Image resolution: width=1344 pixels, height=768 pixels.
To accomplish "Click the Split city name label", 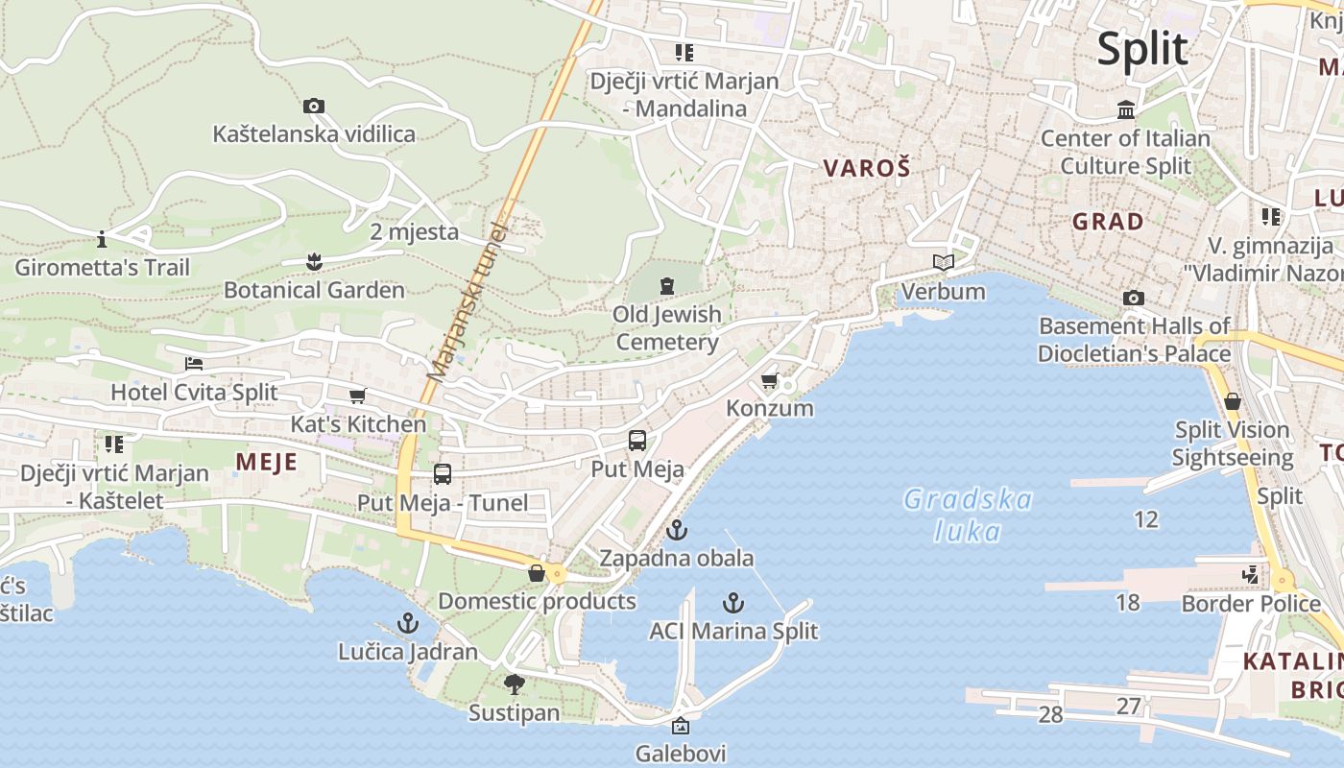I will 1142,48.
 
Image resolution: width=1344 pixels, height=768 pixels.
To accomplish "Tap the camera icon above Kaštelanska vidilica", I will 313,106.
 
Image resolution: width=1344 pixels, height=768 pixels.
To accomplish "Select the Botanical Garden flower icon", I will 313,261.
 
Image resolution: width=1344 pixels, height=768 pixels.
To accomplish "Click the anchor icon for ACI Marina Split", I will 733,603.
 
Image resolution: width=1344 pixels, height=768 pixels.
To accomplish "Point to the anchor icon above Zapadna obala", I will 677,530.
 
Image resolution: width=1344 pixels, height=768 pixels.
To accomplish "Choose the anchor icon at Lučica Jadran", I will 408,623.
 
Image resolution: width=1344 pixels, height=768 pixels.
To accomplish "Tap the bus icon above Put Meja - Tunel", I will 442,474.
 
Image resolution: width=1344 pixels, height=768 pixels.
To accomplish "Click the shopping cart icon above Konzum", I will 769,381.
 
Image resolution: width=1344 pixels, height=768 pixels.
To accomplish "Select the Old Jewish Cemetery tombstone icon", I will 666,285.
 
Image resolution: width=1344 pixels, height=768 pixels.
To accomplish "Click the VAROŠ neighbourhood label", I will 866,168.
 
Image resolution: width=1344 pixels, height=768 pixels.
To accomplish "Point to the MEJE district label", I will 266,463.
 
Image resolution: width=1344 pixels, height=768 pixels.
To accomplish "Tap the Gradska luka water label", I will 968,515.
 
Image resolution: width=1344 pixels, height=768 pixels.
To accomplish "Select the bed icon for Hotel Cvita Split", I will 194,364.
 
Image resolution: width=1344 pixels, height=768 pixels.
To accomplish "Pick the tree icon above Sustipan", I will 514,684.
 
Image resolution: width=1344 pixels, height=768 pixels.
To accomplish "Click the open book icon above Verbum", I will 943,262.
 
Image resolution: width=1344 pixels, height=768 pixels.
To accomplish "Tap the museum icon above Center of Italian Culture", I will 1126,110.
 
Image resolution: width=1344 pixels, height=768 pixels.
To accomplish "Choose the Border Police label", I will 1251,604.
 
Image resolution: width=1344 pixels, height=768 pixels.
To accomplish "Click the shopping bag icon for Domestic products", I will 536,573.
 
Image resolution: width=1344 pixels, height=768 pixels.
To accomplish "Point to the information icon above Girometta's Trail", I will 102,238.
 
